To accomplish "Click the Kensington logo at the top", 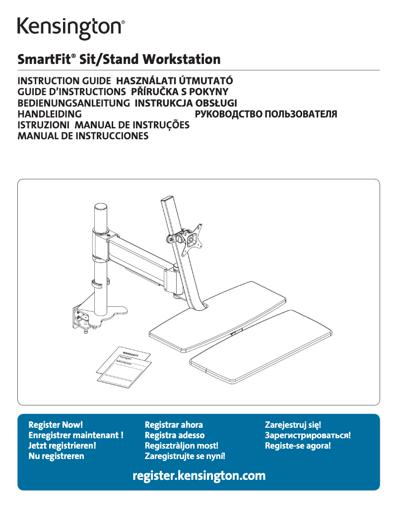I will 71,28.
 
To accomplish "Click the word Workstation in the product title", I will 182,60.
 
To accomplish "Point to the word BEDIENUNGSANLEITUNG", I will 74,103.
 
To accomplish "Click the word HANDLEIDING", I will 49,114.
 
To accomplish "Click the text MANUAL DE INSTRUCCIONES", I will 83,136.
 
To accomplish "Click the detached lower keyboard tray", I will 262,345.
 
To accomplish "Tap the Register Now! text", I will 56,425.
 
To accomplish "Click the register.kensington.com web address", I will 199,476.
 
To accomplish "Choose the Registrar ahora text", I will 173,425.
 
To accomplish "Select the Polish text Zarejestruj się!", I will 293,425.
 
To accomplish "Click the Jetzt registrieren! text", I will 62,446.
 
